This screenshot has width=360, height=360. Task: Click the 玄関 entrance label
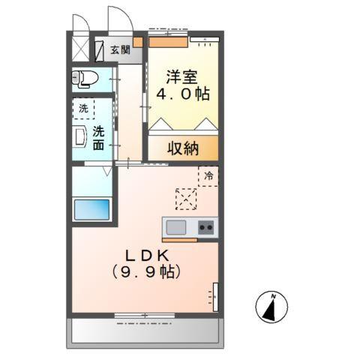(x=120, y=50)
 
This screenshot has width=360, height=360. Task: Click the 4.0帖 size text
(x=182, y=95)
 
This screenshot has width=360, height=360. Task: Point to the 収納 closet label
(x=182, y=148)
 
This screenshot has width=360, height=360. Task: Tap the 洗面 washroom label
(x=99, y=138)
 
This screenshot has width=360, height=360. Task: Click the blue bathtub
(x=91, y=209)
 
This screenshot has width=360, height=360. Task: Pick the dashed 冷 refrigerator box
(x=208, y=175)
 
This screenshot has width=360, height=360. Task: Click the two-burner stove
(x=206, y=227)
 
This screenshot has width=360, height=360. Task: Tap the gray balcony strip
(x=146, y=331)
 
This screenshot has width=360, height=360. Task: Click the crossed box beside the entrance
(x=79, y=48)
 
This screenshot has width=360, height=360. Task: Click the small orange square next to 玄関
(x=138, y=43)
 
